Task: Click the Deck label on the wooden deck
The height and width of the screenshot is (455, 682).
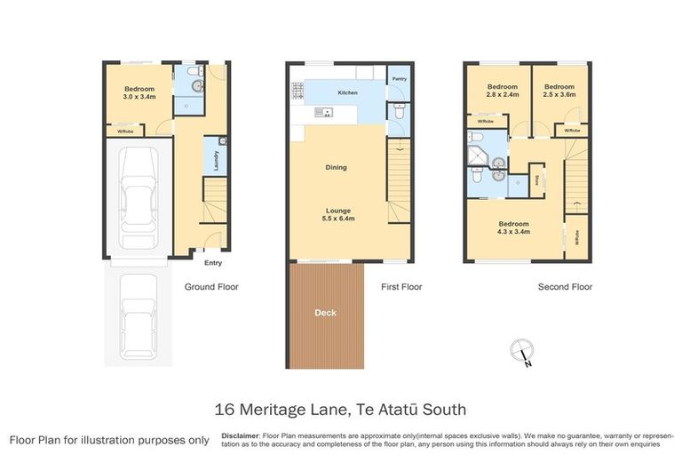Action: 325,313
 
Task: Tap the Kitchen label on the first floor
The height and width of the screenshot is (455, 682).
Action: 347,92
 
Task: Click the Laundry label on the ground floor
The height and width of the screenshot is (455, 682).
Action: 216,159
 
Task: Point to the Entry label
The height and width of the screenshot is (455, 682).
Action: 213,263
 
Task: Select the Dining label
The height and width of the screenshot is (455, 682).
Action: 336,167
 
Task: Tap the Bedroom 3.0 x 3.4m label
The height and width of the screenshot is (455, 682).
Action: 140,93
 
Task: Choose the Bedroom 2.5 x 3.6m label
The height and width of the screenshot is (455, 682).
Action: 559,90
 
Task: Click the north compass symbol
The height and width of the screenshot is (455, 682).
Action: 522,352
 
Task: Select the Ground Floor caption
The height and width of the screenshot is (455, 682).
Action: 210,287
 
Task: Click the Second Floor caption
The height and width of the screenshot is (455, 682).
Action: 565,287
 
